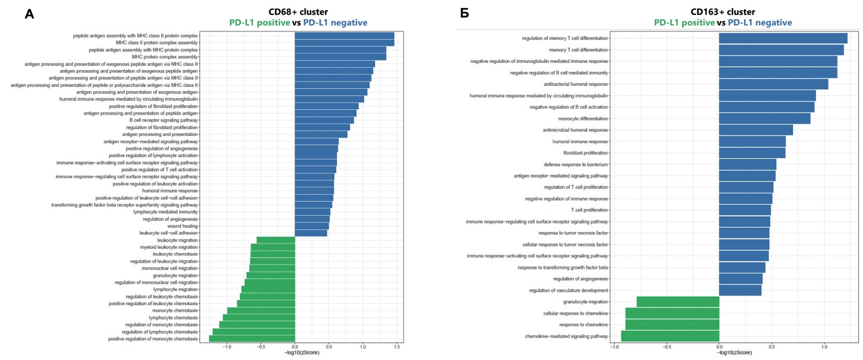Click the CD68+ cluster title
pos(298,12)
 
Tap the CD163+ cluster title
pos(723,12)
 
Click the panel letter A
pos(29,14)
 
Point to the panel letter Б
pos(464,14)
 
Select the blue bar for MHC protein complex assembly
pos(340,57)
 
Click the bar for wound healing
pos(312,226)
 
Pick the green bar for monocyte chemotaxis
pos(261,310)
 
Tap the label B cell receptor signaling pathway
pos(160,120)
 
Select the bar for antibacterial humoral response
pos(774,85)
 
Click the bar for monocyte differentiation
pos(765,119)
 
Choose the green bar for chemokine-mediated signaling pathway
pos(670,336)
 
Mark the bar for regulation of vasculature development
pos(740,291)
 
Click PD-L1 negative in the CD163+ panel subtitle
pos(760,23)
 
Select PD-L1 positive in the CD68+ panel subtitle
pos(260,23)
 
